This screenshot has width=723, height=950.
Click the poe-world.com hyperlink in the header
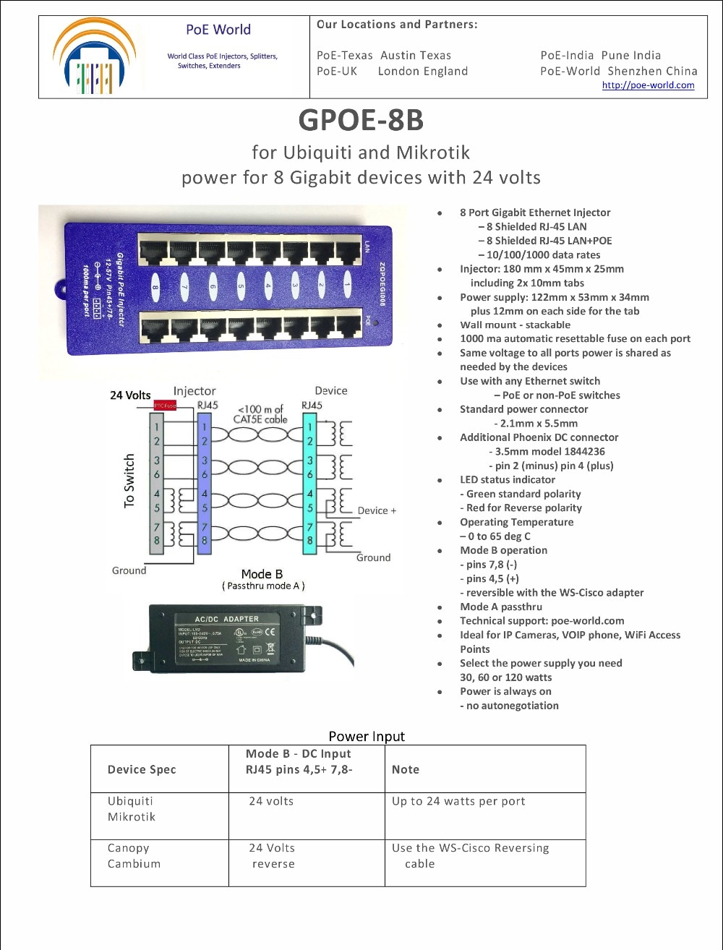pyautogui.click(x=648, y=85)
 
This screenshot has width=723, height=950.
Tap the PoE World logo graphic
pyautogui.click(x=94, y=58)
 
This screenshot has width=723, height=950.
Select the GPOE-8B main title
pyautogui.click(x=360, y=120)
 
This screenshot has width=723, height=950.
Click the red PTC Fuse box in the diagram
pyautogui.click(x=165, y=406)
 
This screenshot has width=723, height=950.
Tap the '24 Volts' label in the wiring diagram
pyautogui.click(x=130, y=395)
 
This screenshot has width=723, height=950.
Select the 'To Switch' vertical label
pyautogui.click(x=129, y=481)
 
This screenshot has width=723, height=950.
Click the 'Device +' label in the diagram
pyautogui.click(x=377, y=510)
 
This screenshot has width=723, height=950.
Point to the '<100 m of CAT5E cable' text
pyautogui.click(x=260, y=414)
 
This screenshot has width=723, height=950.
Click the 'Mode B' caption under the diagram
pyautogui.click(x=262, y=574)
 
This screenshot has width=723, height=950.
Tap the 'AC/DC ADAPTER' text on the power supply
pyautogui.click(x=226, y=619)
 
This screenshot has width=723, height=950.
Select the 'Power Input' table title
pyautogui.click(x=367, y=737)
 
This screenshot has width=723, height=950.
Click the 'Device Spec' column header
pyautogui.click(x=142, y=769)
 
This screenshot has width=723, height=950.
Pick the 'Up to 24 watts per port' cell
pyautogui.click(x=458, y=801)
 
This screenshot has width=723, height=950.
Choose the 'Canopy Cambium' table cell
pyautogui.click(x=134, y=856)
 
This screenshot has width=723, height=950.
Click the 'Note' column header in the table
pyautogui.click(x=406, y=769)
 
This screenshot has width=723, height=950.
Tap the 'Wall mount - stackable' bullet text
pyautogui.click(x=515, y=325)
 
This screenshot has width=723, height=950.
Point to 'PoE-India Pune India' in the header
pyautogui.click(x=600, y=56)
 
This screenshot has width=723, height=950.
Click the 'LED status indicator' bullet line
pyautogui.click(x=508, y=479)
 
